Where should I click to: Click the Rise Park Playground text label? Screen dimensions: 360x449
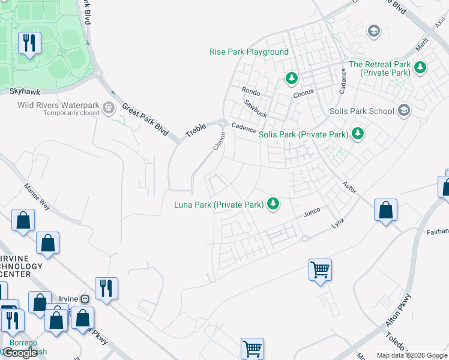point(249,52)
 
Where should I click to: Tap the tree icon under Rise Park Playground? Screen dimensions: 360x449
point(291,78)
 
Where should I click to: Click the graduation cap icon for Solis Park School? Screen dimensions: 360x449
point(404,110)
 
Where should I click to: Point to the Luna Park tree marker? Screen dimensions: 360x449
point(273,205)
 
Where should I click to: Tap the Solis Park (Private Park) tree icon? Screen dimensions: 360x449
point(358,133)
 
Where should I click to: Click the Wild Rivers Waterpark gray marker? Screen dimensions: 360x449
point(109,108)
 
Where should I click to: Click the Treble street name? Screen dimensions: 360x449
point(196,130)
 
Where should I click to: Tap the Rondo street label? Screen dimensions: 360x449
point(250,91)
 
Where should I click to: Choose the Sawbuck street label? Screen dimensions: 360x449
point(255,108)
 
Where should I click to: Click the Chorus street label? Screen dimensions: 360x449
point(303,94)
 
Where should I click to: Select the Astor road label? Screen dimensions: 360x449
point(349,187)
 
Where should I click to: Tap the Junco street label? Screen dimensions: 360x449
point(312,212)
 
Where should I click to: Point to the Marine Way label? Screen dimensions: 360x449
point(37,197)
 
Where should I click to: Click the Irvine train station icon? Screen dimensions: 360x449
point(85,299)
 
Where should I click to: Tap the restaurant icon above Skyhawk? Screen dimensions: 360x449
point(28,43)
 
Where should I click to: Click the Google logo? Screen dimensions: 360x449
point(20,352)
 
